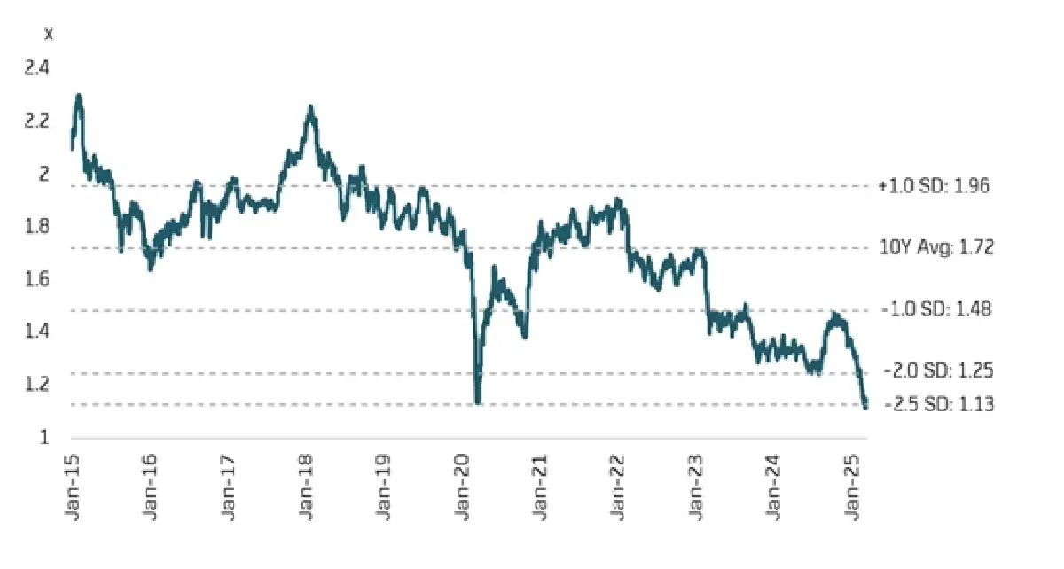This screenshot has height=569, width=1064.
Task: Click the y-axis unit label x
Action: tap(48, 34)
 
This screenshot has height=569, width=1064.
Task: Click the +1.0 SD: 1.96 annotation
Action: tap(934, 186)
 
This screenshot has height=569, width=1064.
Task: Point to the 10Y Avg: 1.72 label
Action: tap(937, 248)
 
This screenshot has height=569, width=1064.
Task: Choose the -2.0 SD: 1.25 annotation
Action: tap(937, 372)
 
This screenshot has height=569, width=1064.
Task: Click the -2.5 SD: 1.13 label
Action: tap(937, 405)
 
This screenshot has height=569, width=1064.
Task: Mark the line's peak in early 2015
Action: tap(79, 95)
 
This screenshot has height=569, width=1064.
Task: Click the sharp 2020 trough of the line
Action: tap(478, 402)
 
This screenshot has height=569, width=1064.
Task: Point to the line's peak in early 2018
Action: tap(310, 107)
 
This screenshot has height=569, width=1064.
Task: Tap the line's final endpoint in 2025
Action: tap(865, 406)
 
